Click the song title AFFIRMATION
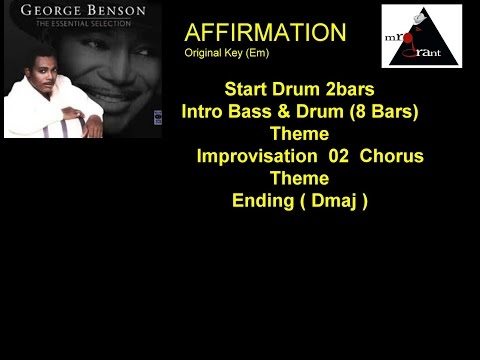(265, 32)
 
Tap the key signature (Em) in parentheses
(254, 53)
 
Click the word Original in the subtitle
(202, 53)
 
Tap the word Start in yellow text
(249, 89)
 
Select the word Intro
(205, 111)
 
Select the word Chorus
(391, 156)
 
